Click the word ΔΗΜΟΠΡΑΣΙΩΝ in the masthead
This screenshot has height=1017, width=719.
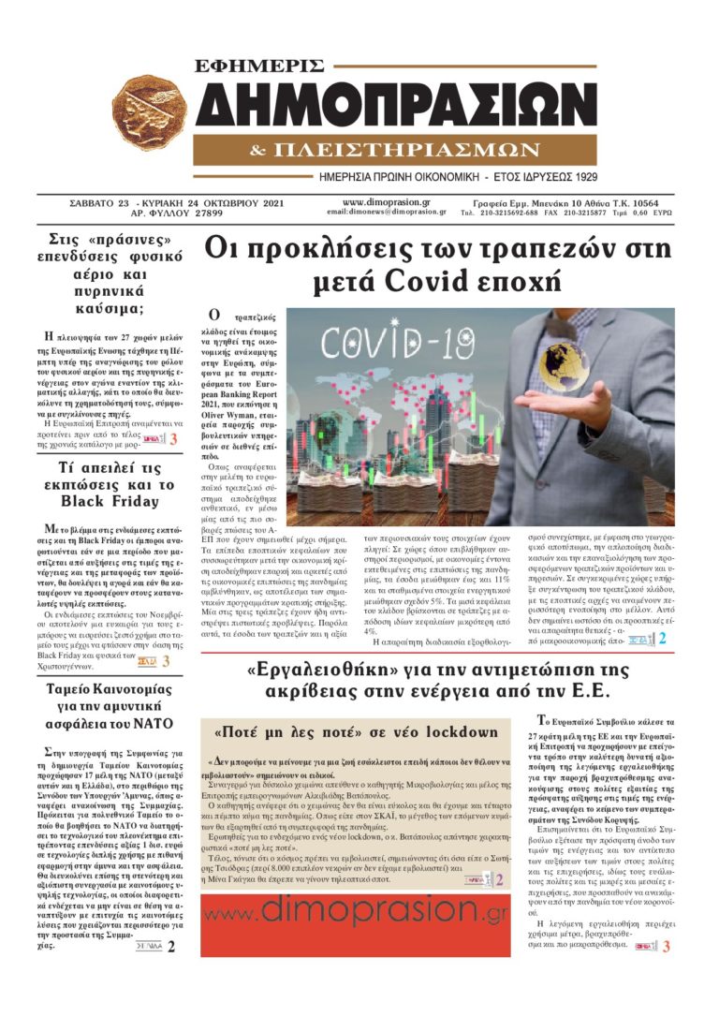[397, 106]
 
